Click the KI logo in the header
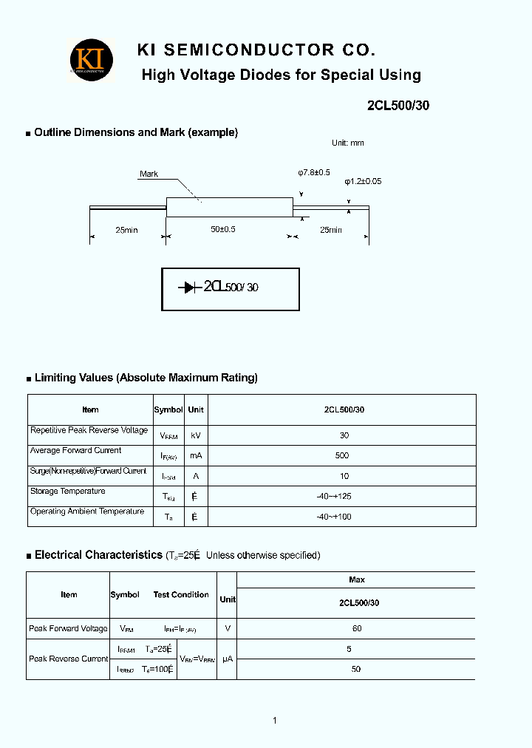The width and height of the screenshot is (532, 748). [x=92, y=59]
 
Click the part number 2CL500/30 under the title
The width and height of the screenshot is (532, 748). [x=398, y=105]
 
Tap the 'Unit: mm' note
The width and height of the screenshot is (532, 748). [x=347, y=143]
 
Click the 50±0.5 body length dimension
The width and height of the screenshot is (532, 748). [x=222, y=230]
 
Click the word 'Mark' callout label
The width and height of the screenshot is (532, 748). [x=149, y=174]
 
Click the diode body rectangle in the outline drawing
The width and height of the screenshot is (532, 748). [x=228, y=207]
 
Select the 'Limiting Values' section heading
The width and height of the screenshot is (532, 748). [x=146, y=378]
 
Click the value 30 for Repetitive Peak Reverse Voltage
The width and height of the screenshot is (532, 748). [x=344, y=435]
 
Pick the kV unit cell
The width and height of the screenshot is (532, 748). [x=196, y=435]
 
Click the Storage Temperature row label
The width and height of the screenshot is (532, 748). [x=68, y=491]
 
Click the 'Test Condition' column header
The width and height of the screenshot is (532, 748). [x=181, y=594]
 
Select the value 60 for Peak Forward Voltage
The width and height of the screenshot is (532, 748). [x=357, y=628]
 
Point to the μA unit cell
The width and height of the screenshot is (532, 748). [x=228, y=659]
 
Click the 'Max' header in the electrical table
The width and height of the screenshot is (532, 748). [x=357, y=579]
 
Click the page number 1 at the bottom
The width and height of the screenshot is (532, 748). [x=274, y=721]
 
